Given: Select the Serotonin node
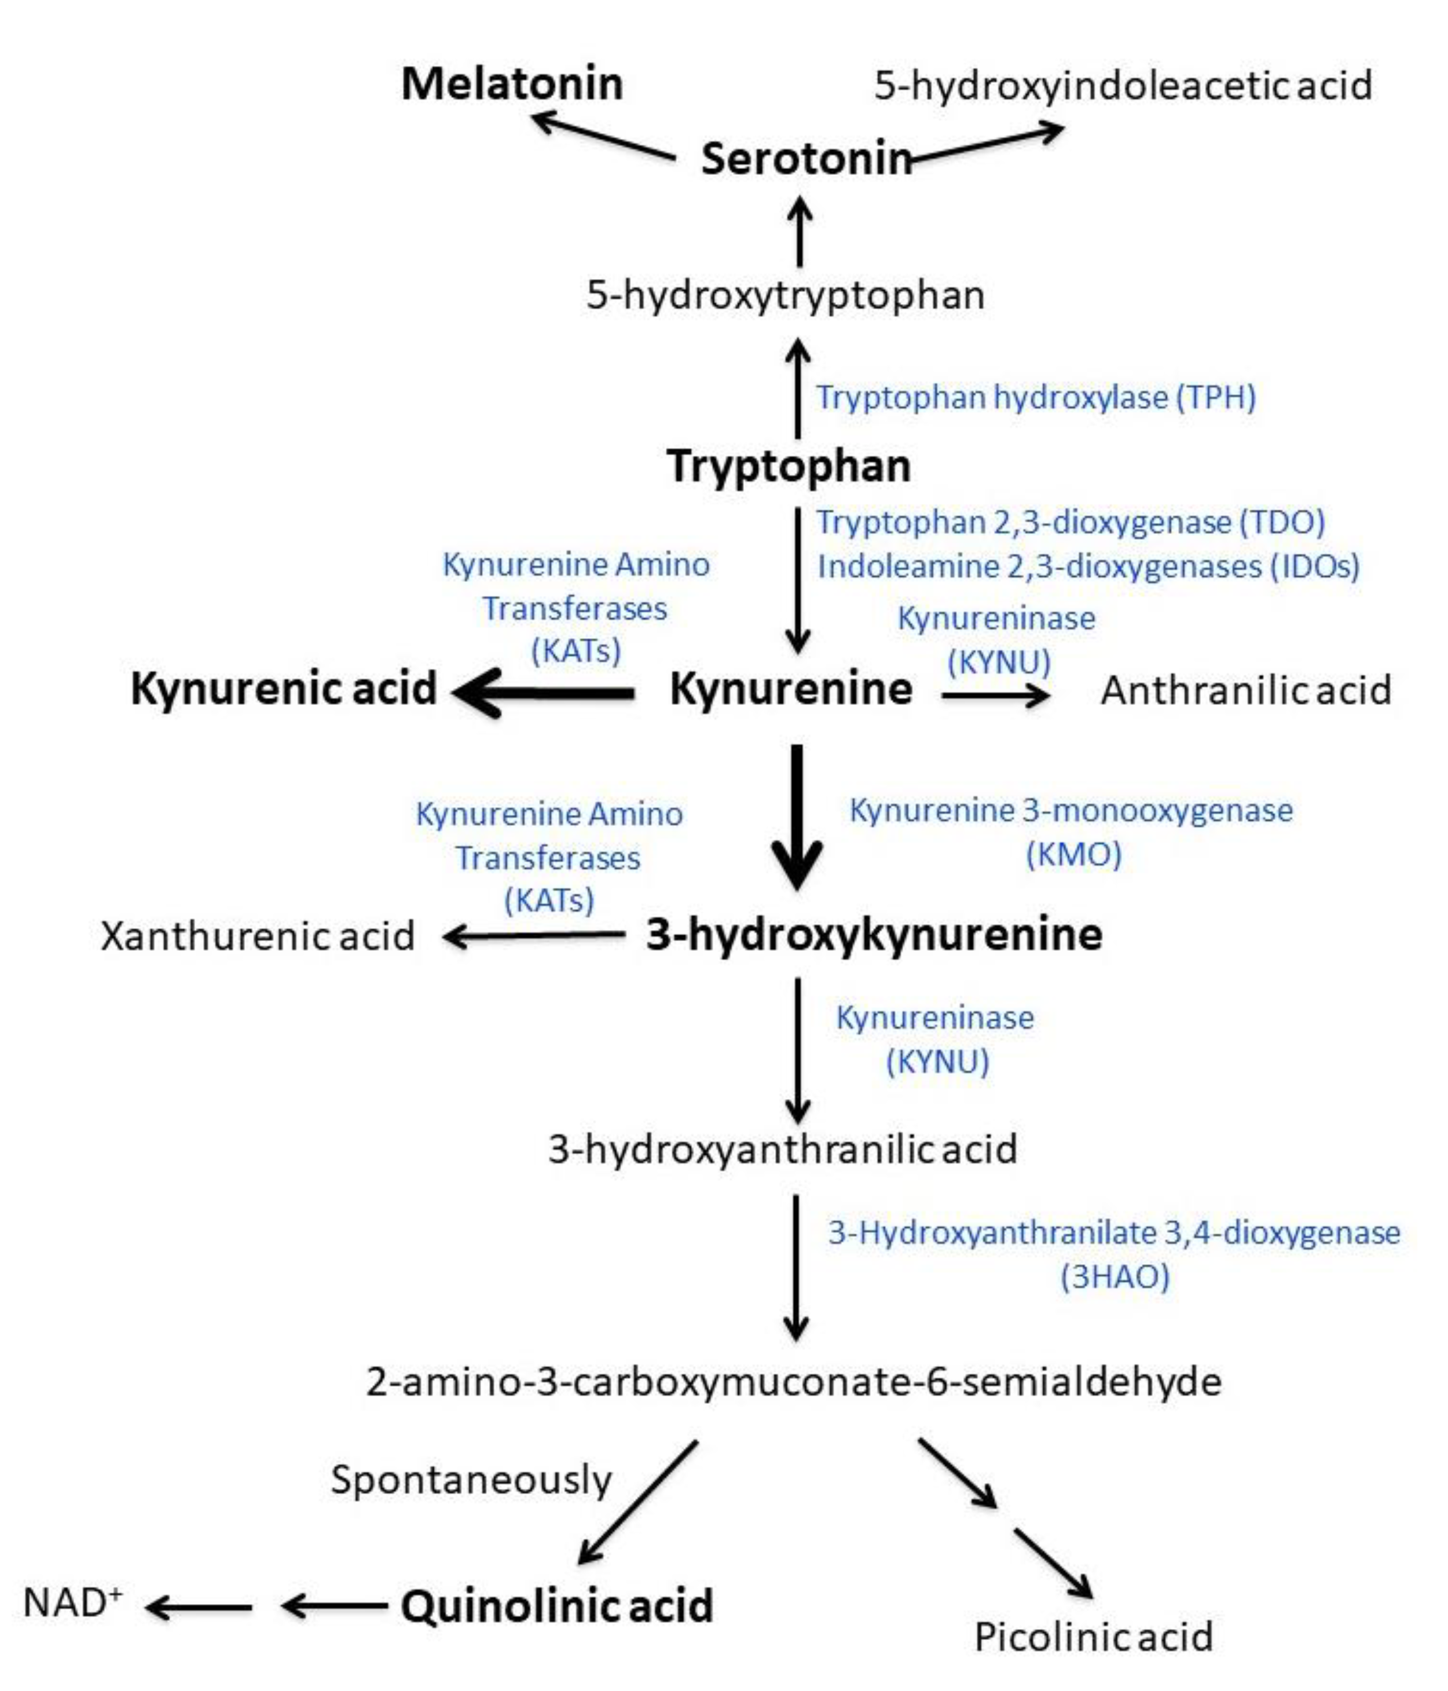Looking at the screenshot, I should pyautogui.click(x=806, y=158).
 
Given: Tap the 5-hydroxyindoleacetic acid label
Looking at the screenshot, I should pyautogui.click(x=1123, y=85).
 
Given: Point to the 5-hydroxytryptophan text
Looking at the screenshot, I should pyautogui.click(x=785, y=295).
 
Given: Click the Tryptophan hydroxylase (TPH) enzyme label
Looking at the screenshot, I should pyautogui.click(x=1035, y=397).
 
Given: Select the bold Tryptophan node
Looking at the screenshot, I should pyautogui.click(x=788, y=466).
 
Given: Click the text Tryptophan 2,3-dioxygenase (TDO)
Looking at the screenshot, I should pyautogui.click(x=1071, y=522).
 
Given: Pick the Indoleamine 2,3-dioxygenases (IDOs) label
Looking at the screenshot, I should pyautogui.click(x=1088, y=566).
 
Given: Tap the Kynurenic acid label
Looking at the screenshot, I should pyautogui.click(x=283, y=688).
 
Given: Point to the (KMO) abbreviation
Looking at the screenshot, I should pyautogui.click(x=1073, y=855).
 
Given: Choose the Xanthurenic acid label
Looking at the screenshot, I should pyautogui.click(x=257, y=935).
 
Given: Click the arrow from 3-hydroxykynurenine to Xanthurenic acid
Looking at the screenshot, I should pyautogui.click(x=534, y=935).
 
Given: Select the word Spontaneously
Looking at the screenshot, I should pyautogui.click(x=471, y=1479).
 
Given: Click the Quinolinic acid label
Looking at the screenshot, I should pyautogui.click(x=556, y=1605).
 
